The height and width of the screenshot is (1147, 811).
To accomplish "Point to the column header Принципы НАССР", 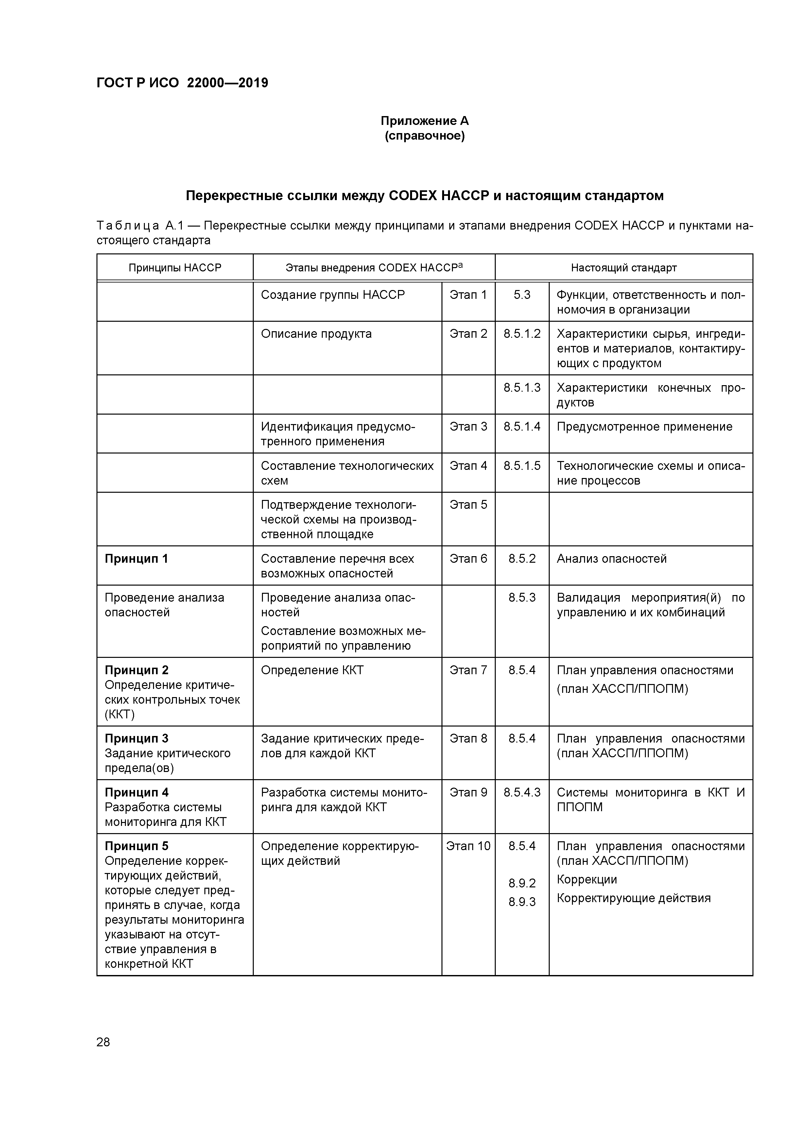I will (175, 268).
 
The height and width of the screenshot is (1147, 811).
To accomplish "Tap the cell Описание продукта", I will (316, 334).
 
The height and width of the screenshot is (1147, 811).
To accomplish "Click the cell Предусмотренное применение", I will (644, 427).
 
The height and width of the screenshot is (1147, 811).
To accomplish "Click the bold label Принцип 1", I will (136, 558).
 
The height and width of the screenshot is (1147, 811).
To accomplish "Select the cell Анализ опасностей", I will (611, 558).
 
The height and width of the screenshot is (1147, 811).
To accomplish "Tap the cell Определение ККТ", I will (312, 670).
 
